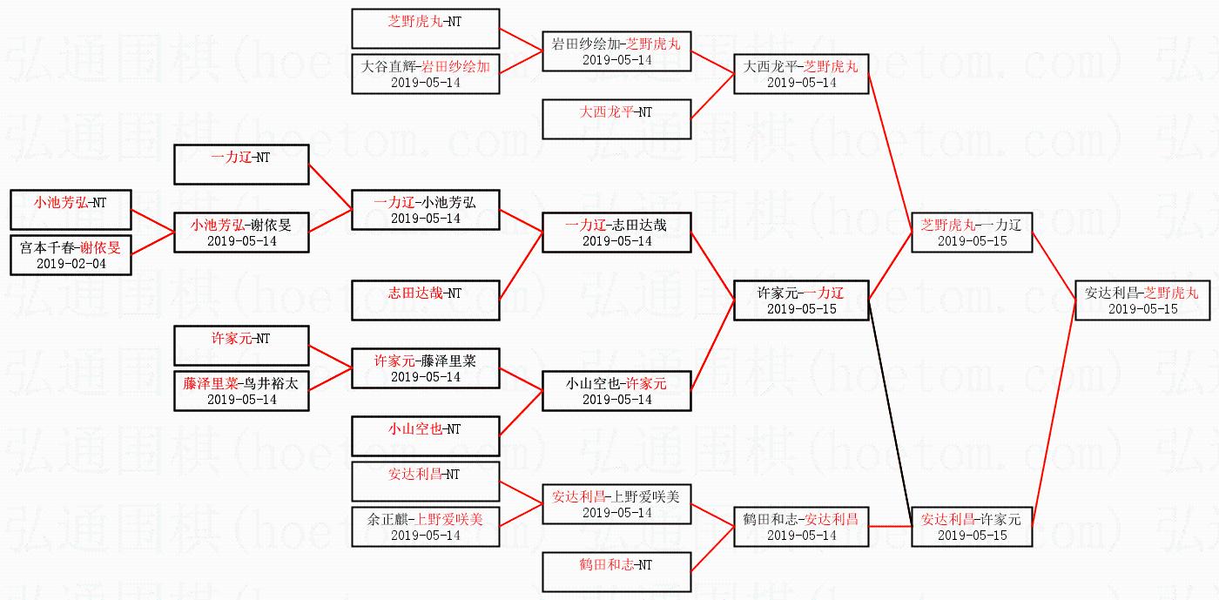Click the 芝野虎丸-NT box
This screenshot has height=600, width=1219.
point(425,29)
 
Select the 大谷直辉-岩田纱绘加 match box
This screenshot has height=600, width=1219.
point(425,74)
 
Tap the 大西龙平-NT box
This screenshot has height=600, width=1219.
point(616,119)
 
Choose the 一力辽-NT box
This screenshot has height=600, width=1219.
point(241,165)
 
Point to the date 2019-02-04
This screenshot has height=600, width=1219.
point(71,263)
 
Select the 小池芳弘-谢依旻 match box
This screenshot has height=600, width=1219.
point(241,233)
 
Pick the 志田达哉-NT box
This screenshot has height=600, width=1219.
point(425,300)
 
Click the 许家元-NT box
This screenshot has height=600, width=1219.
point(241,346)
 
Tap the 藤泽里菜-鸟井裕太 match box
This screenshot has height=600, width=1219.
point(241,391)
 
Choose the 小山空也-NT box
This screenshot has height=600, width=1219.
point(425,436)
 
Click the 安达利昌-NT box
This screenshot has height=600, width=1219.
point(425,482)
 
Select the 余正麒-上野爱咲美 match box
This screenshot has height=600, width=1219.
point(425,527)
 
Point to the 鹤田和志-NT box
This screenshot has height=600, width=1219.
point(616,572)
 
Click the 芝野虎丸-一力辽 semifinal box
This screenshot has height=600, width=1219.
point(972,233)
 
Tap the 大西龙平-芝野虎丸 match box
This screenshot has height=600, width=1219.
point(801,74)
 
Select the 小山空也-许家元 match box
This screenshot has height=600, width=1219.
point(616,391)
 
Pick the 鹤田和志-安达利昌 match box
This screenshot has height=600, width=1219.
point(801,527)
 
